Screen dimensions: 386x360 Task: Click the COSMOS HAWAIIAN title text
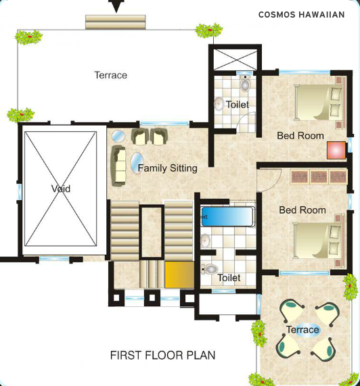pyautogui.click(x=301, y=14)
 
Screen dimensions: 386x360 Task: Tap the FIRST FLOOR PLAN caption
pyautogui.click(x=162, y=355)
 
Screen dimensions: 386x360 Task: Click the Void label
pyautogui.click(x=60, y=189)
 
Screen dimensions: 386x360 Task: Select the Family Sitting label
pyautogui.click(x=167, y=168)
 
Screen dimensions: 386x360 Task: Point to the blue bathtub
pyautogui.click(x=227, y=217)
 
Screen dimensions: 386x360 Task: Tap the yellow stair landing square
pyautogui.click(x=179, y=274)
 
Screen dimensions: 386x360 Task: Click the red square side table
pyautogui.click(x=336, y=150)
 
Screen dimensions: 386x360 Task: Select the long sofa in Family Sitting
pyautogui.click(x=119, y=165)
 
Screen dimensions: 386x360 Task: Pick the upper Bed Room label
pyautogui.click(x=300, y=135)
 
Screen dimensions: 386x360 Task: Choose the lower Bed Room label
pyautogui.click(x=302, y=210)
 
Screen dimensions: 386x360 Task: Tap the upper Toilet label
pyautogui.click(x=237, y=105)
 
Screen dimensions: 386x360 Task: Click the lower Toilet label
pyautogui.click(x=229, y=277)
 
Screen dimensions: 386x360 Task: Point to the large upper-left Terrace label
pyautogui.click(x=110, y=75)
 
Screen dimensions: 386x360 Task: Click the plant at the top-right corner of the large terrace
pyautogui.click(x=208, y=30)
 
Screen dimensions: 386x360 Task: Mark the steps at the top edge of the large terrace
pyautogui.click(x=115, y=22)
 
